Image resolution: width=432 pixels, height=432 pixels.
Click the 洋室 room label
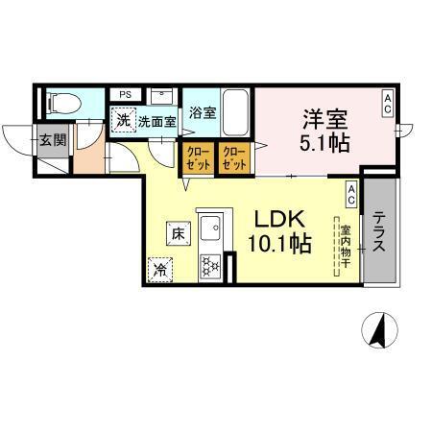tap(325, 123)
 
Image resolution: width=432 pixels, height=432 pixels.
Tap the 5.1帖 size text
tap(325, 146)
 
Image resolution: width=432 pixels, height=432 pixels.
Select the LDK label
tap(280, 219)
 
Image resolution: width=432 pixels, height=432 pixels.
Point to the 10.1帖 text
tap(280, 244)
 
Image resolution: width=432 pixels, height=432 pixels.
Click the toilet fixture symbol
tap(60, 102)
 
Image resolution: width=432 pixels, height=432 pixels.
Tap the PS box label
tap(126, 94)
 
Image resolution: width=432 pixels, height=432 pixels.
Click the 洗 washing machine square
tap(123, 121)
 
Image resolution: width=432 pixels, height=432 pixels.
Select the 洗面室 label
tap(156, 122)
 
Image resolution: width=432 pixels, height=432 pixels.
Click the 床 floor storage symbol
tap(177, 232)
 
